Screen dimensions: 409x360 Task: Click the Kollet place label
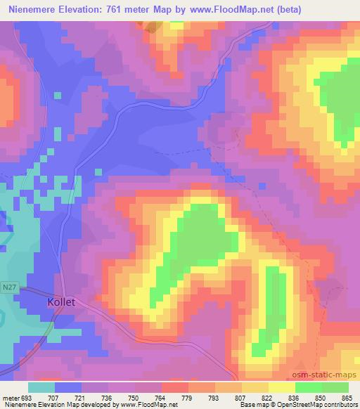click(x=61, y=301)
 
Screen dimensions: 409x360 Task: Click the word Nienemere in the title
click(x=35, y=8)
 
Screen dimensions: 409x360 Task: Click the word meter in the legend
click(x=10, y=398)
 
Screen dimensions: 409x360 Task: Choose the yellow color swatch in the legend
click(x=281, y=387)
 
